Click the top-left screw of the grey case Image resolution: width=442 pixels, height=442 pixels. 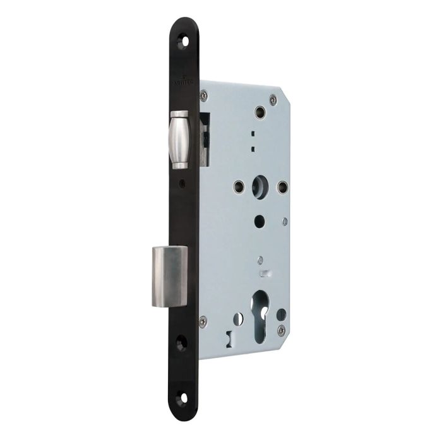[x=203, y=96]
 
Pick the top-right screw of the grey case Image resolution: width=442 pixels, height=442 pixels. [x=272, y=99]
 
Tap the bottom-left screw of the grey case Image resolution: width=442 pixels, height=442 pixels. [x=202, y=321]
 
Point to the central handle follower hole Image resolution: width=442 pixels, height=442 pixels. [x=260, y=188]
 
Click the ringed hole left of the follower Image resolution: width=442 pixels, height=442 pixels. [x=238, y=186]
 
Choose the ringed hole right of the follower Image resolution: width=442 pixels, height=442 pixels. [x=282, y=187]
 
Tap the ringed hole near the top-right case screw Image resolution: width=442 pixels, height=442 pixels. [x=259, y=113]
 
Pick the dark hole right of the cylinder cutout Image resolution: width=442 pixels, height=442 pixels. [x=282, y=314]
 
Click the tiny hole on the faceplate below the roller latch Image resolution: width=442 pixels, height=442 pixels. [x=182, y=186]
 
